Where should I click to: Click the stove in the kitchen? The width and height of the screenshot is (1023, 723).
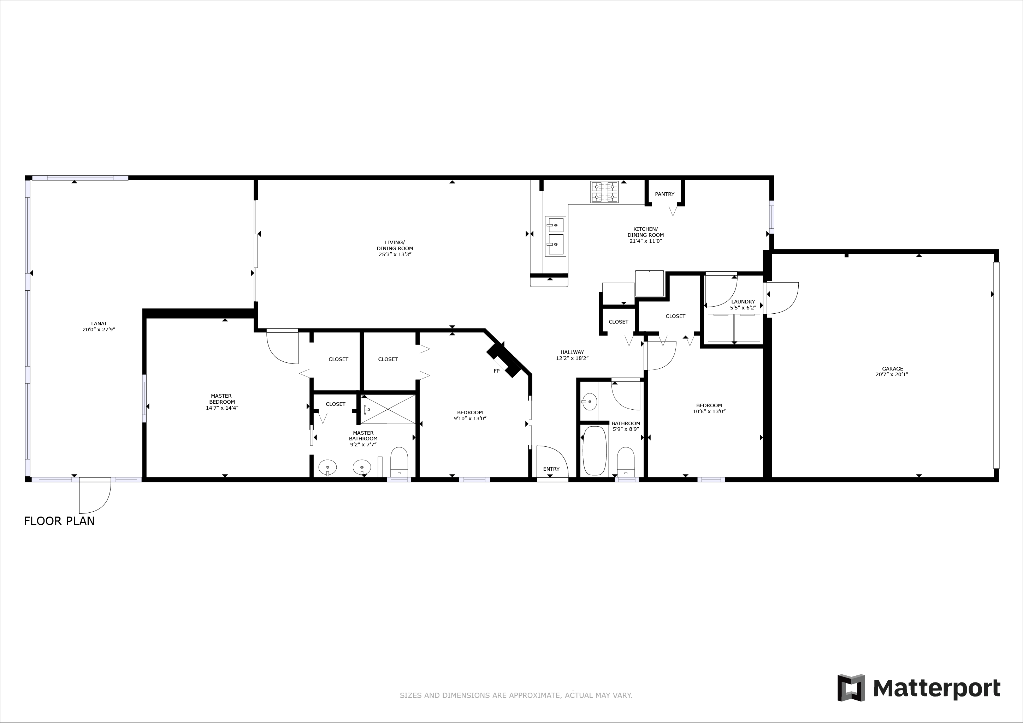point(605,192)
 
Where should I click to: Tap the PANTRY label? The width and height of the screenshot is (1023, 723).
point(665,194)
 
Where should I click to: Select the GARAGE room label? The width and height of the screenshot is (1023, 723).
point(892,369)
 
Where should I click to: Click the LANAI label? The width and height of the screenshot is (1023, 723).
point(99,324)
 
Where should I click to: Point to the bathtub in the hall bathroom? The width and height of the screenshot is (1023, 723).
point(595,451)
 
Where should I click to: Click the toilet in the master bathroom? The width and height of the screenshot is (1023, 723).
point(399,462)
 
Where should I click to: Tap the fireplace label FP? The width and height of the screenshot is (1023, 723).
point(496,371)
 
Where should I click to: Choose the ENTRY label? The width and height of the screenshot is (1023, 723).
point(551,469)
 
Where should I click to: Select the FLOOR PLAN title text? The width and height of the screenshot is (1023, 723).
point(59,521)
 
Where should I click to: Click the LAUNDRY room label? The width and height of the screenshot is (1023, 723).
point(743,301)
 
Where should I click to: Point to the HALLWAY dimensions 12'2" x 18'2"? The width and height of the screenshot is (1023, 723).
point(572,358)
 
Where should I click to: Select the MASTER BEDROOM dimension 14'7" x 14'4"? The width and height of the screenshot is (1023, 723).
point(222,408)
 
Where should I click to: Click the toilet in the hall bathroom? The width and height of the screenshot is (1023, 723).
point(626,462)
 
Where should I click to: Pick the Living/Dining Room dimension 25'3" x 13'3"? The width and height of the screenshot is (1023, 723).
point(395,254)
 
